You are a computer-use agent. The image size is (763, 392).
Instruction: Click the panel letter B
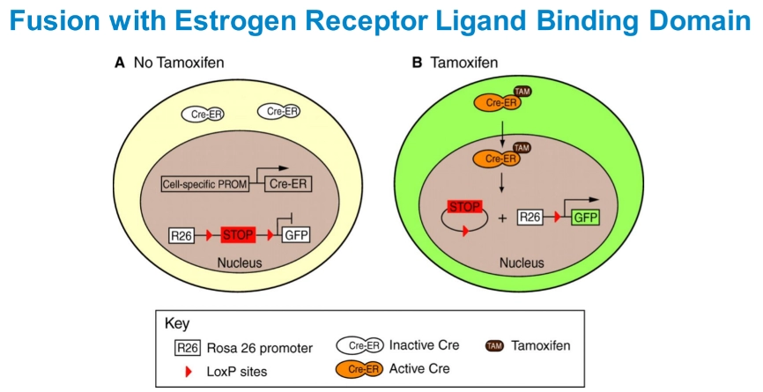click(x=417, y=63)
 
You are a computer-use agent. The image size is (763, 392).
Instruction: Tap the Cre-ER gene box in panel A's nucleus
click(x=286, y=185)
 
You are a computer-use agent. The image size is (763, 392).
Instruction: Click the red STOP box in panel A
click(x=237, y=235)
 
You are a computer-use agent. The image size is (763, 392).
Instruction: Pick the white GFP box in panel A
click(x=294, y=235)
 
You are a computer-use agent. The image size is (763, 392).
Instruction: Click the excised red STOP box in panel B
click(x=464, y=207)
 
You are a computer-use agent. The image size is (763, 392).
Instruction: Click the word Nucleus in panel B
click(x=522, y=263)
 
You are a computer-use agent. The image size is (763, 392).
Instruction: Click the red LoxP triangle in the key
click(x=185, y=371)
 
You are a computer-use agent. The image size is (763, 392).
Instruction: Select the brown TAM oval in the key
click(x=494, y=345)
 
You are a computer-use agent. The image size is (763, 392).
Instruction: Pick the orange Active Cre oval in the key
click(x=359, y=368)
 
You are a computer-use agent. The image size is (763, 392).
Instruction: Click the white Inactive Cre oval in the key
click(x=359, y=345)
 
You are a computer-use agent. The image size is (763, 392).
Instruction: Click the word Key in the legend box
click(x=176, y=323)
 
